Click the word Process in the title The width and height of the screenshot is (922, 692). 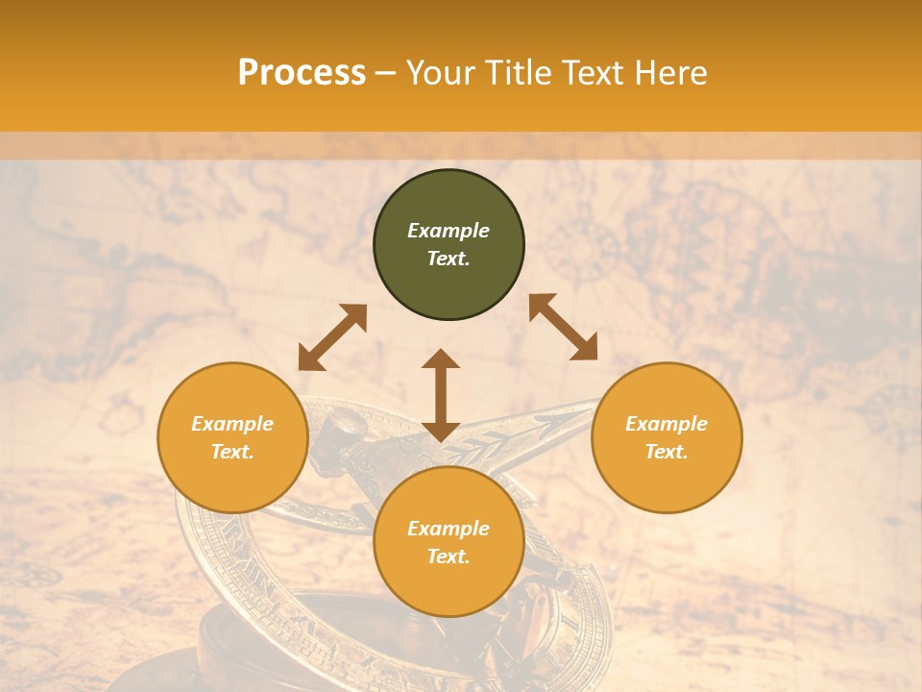[x=302, y=73]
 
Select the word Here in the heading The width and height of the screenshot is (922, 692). [x=668, y=73]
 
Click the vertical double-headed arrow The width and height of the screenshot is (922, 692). [x=441, y=395]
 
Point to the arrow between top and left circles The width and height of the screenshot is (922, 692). [x=332, y=337]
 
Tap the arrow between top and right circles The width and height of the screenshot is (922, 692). [x=563, y=327]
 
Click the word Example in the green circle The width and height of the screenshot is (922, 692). [x=449, y=231]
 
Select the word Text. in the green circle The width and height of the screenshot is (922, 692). [x=449, y=259]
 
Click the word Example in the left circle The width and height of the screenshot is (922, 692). [x=232, y=424]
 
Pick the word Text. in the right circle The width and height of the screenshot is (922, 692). [x=667, y=452]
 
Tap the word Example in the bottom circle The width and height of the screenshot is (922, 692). [x=449, y=529]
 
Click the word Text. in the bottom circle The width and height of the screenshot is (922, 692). [x=449, y=556]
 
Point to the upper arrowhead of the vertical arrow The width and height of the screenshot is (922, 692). [x=441, y=358]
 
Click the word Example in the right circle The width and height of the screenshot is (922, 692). [x=667, y=424]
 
